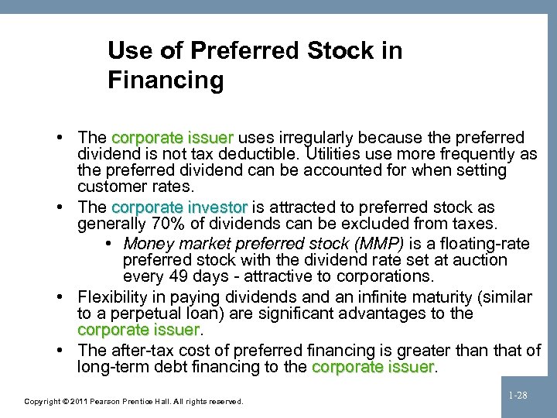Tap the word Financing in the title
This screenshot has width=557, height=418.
tap(166, 80)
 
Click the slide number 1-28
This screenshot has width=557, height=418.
tap(518, 395)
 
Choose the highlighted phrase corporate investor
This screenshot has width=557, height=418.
tap(179, 207)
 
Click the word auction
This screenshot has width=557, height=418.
tap(480, 260)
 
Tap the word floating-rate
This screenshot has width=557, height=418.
tap(485, 243)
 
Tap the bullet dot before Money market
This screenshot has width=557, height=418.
tap(106, 243)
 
